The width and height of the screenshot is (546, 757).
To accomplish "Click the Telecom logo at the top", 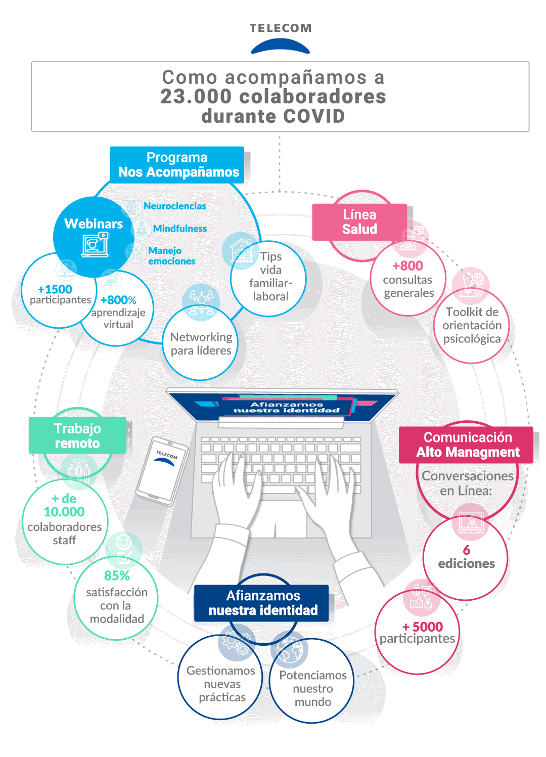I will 281,38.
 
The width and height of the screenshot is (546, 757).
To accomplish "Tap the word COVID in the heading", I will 314,116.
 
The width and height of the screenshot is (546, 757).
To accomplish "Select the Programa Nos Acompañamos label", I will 177,165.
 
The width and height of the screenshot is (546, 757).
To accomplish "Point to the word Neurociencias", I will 174,206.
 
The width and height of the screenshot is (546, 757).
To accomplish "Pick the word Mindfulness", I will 179,229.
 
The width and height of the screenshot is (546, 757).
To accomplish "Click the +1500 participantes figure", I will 56,289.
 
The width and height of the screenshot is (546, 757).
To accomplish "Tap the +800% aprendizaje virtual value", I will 118,300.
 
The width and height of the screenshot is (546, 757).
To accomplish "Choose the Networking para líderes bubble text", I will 201,344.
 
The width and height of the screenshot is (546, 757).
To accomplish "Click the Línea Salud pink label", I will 359,222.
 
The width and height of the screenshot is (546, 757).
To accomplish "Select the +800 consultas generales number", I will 408,266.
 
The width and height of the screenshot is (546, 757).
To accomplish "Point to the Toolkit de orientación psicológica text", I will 472,325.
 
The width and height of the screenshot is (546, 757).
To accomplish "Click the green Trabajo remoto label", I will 77,435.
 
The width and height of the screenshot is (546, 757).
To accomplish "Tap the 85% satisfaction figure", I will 117,576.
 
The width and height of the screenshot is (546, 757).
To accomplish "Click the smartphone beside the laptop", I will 162,471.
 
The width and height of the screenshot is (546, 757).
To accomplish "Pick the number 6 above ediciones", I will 466,550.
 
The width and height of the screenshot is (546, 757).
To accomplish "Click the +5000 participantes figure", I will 423,627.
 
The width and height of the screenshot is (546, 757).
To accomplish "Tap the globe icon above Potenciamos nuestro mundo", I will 290,650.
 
